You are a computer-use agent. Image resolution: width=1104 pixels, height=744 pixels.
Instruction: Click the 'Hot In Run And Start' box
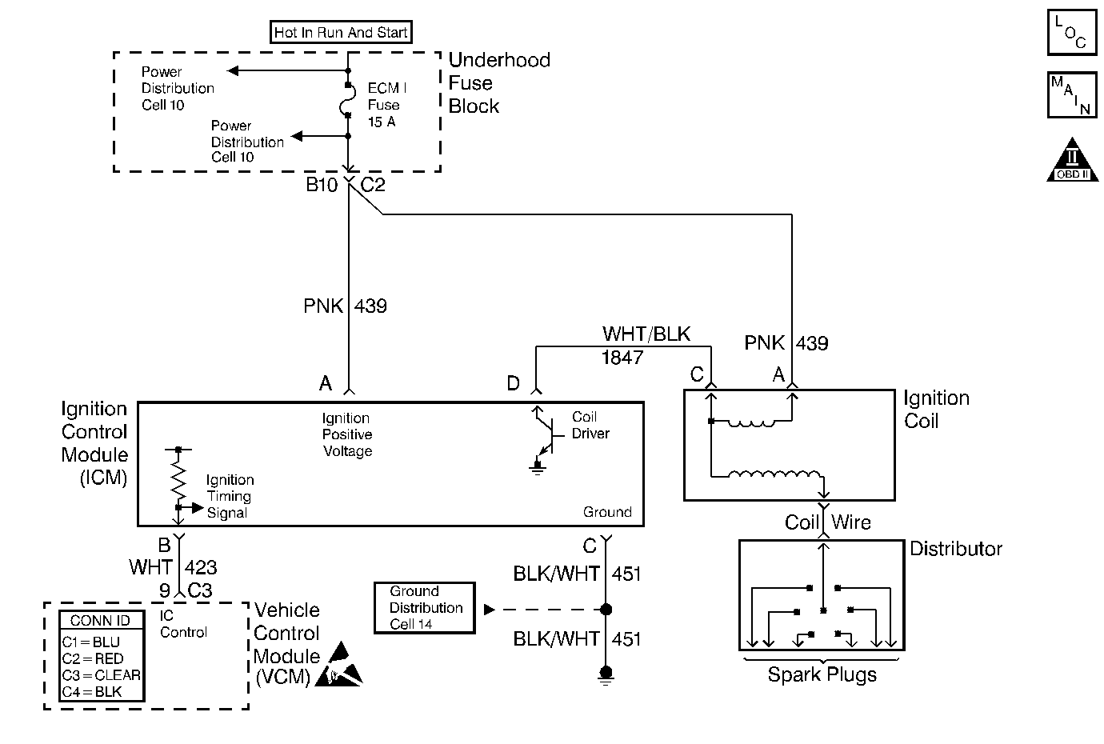(x=341, y=33)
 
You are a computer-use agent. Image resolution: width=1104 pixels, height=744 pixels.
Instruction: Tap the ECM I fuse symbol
(x=348, y=100)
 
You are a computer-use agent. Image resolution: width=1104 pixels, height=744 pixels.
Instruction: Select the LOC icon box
(x=1071, y=33)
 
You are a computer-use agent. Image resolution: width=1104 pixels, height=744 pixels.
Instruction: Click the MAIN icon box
(x=1071, y=95)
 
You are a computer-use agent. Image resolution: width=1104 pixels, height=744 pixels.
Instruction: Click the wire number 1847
(x=622, y=358)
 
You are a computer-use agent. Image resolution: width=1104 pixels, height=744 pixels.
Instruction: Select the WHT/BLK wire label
(x=646, y=334)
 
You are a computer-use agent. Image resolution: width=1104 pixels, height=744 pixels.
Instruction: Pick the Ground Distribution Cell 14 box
(x=425, y=608)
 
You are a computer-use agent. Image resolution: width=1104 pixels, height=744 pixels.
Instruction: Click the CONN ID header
(x=100, y=621)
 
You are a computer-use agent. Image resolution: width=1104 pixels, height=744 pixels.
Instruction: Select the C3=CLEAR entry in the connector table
(x=101, y=675)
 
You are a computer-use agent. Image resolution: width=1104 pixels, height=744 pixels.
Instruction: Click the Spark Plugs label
(x=822, y=674)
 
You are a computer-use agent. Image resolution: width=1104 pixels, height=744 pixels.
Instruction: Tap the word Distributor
(x=956, y=549)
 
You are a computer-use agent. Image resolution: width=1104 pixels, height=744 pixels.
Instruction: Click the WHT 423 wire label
(x=173, y=567)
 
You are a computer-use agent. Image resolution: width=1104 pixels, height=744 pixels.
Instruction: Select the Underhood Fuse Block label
(x=498, y=83)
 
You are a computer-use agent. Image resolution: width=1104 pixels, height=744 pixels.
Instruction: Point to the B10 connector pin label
(x=322, y=185)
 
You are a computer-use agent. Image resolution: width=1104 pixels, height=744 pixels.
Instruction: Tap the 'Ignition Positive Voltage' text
(x=346, y=434)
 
